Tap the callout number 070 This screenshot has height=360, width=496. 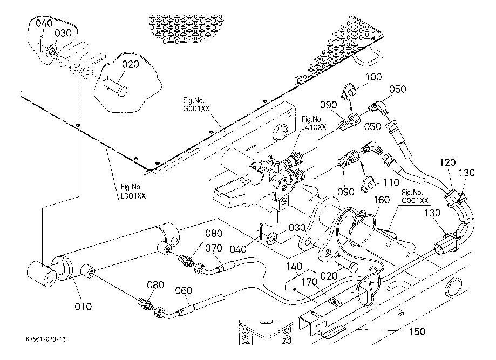pyautogui.click(x=215, y=249)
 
